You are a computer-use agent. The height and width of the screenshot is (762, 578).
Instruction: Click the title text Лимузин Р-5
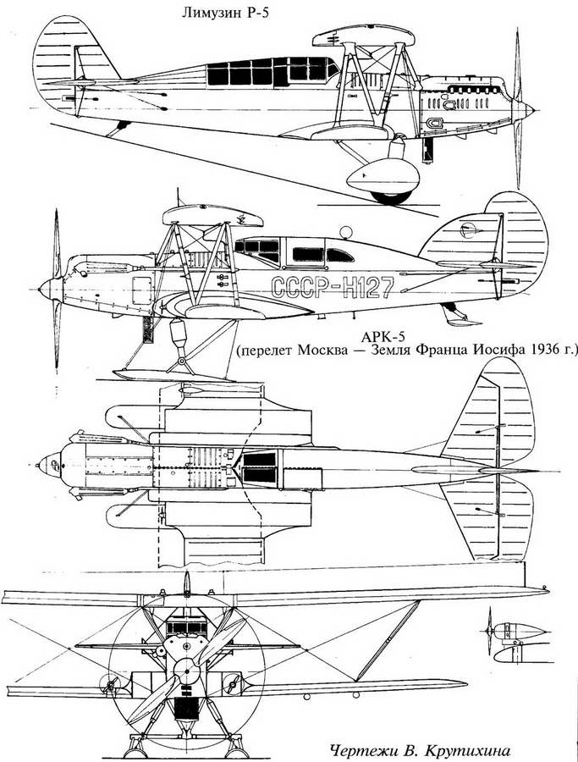[225, 13]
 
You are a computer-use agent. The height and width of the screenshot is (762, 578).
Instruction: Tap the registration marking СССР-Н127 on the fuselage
[332, 287]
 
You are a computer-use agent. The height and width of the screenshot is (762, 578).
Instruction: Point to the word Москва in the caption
[322, 351]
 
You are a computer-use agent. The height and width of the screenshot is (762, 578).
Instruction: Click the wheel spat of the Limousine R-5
[383, 176]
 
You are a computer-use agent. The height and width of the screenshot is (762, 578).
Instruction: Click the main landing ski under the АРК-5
[173, 375]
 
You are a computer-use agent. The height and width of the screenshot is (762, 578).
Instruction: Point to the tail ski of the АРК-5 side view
[460, 317]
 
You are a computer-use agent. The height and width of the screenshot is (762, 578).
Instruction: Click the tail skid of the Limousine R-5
[118, 129]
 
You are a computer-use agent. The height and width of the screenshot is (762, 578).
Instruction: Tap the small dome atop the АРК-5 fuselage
[345, 232]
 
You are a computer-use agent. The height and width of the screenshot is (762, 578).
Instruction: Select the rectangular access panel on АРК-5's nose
[142, 290]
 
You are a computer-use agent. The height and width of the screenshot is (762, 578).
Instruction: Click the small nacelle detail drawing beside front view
[516, 643]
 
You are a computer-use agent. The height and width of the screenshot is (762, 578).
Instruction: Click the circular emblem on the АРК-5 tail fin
[467, 229]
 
